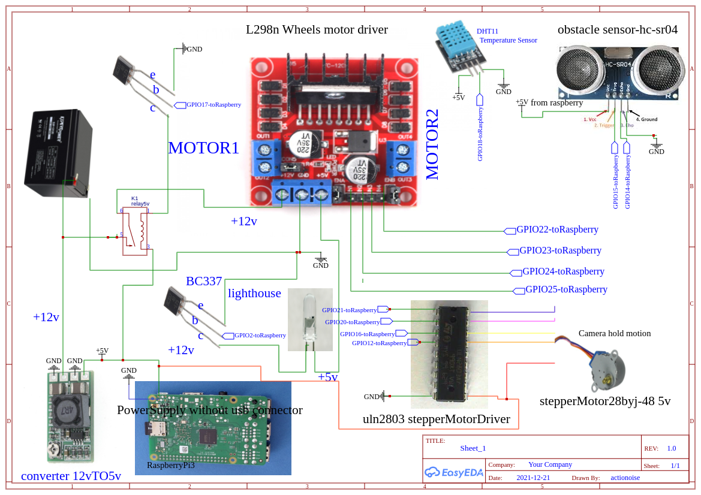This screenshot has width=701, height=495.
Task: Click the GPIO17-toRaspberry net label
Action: [213, 105]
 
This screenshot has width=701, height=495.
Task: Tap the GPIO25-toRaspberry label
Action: [566, 289]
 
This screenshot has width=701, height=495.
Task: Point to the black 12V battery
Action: [58, 153]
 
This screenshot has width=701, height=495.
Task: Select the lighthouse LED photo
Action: [310, 319]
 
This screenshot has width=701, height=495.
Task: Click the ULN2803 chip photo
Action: [449, 354]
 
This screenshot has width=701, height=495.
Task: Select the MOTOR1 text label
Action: [203, 148]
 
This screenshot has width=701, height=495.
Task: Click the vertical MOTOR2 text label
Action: [432, 144]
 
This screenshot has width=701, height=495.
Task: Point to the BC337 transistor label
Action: [204, 281]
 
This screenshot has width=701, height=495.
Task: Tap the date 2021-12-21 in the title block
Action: [533, 478]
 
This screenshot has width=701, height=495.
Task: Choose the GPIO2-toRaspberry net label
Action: [260, 336]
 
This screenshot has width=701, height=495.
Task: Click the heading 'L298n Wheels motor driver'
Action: [317, 29]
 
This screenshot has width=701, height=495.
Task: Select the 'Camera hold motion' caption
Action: [614, 334]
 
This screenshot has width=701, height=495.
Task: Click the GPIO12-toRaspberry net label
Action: [379, 343]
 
